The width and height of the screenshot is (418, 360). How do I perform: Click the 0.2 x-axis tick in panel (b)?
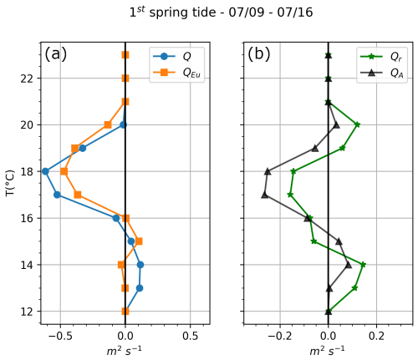[x=379, y=337]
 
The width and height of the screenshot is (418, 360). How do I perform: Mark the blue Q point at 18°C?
[x=45, y=171]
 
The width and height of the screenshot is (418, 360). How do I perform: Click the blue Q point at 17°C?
[x=57, y=195]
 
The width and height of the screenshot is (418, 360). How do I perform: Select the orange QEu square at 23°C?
[x=125, y=54]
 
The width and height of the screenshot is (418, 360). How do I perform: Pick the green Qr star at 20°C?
[x=357, y=124]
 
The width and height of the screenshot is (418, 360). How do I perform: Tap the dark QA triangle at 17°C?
[x=264, y=195]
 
